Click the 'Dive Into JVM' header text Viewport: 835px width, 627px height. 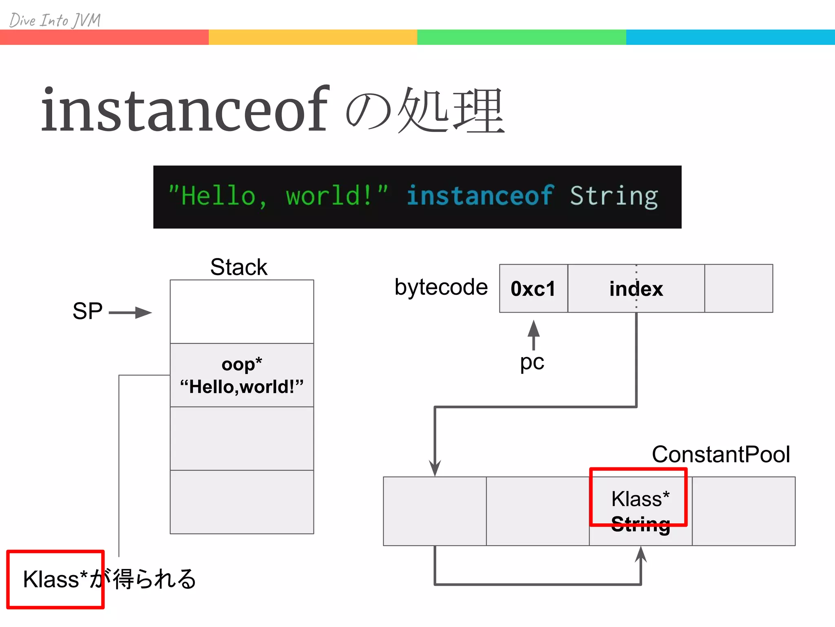tap(55, 20)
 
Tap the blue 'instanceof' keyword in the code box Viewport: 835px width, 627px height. tap(480, 196)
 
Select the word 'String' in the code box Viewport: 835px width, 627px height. tap(614, 196)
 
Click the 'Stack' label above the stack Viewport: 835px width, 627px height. tap(239, 267)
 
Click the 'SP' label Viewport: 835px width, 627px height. tap(87, 311)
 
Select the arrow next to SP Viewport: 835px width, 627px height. tap(130, 313)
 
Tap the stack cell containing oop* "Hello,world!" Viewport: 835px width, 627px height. tap(242, 375)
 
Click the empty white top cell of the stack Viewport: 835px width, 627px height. tap(242, 311)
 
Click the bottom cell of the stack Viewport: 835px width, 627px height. tap(242, 502)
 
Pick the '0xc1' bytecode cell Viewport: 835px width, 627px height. tap(533, 289)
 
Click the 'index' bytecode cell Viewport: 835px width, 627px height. tap(636, 289)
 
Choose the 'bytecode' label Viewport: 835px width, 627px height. tap(441, 287)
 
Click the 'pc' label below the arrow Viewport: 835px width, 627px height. tap(532, 362)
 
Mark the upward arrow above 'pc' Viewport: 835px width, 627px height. tap(534, 335)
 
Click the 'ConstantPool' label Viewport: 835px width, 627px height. tap(721, 454)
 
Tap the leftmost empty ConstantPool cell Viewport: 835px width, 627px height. tap(435, 511)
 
